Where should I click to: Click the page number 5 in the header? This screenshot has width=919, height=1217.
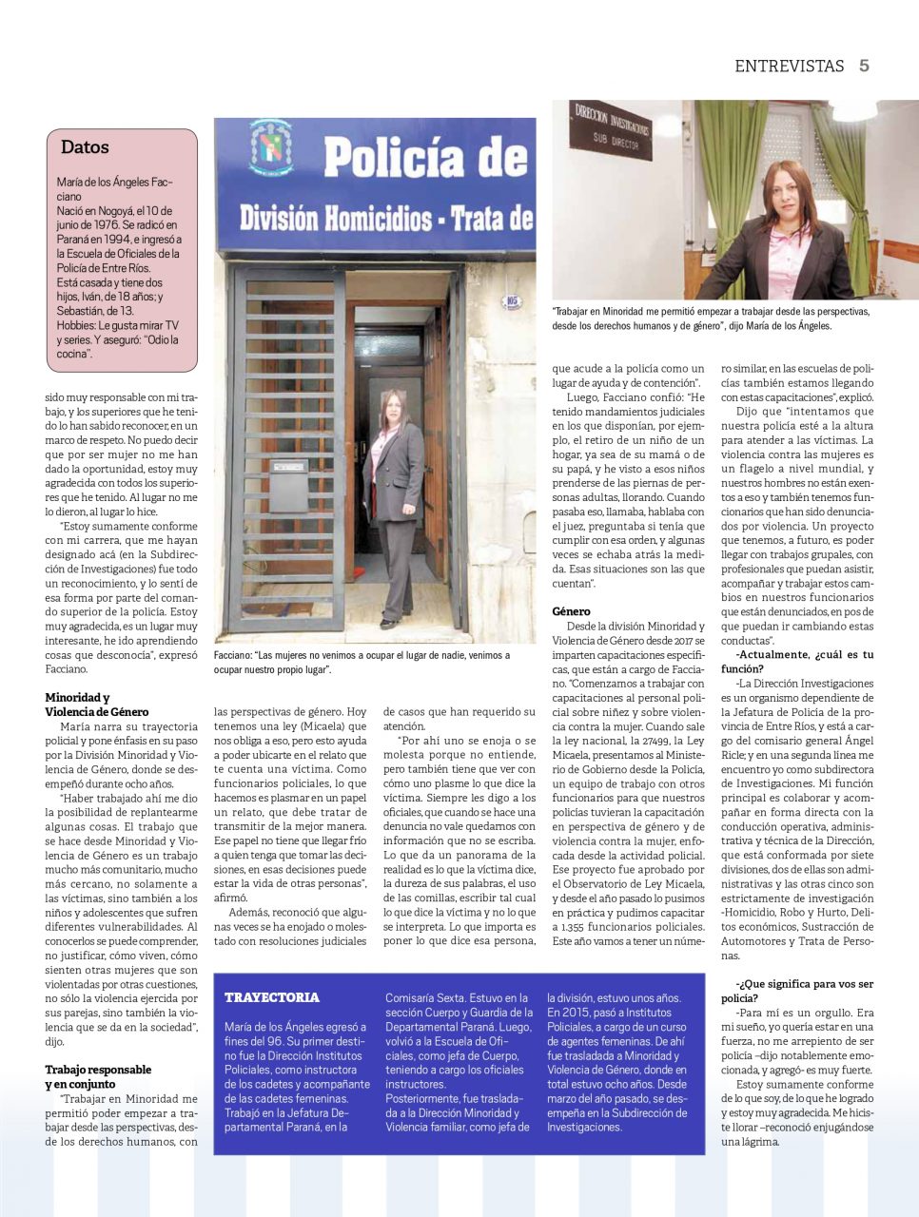tap(864, 66)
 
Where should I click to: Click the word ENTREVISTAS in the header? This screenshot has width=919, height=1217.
tap(789, 66)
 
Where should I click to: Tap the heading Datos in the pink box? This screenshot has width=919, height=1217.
tap(85, 147)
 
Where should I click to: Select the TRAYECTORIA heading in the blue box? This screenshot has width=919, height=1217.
tap(272, 997)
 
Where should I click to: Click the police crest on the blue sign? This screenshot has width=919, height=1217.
tap(270, 146)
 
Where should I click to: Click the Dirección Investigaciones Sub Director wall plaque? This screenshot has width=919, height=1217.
tap(611, 128)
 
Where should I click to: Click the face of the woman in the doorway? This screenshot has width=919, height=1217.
tap(393, 410)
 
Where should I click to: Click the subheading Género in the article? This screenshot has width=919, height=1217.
tap(571, 611)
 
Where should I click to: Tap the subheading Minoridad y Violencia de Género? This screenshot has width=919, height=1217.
tap(96, 705)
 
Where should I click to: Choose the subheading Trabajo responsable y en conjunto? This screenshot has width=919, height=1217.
tap(97, 1076)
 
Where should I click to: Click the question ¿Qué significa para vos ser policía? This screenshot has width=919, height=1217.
tap(797, 991)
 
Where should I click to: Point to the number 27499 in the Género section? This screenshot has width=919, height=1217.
tap(657, 741)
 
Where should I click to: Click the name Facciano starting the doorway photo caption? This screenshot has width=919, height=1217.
tap(231, 655)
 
